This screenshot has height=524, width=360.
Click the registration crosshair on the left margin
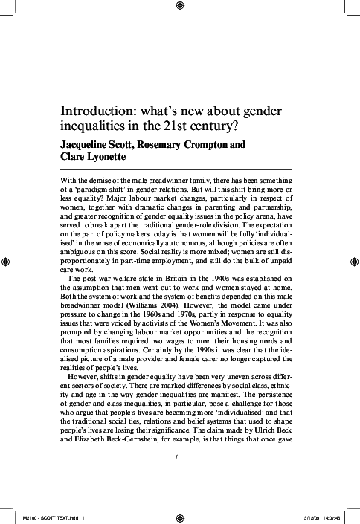click(x=7, y=262)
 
